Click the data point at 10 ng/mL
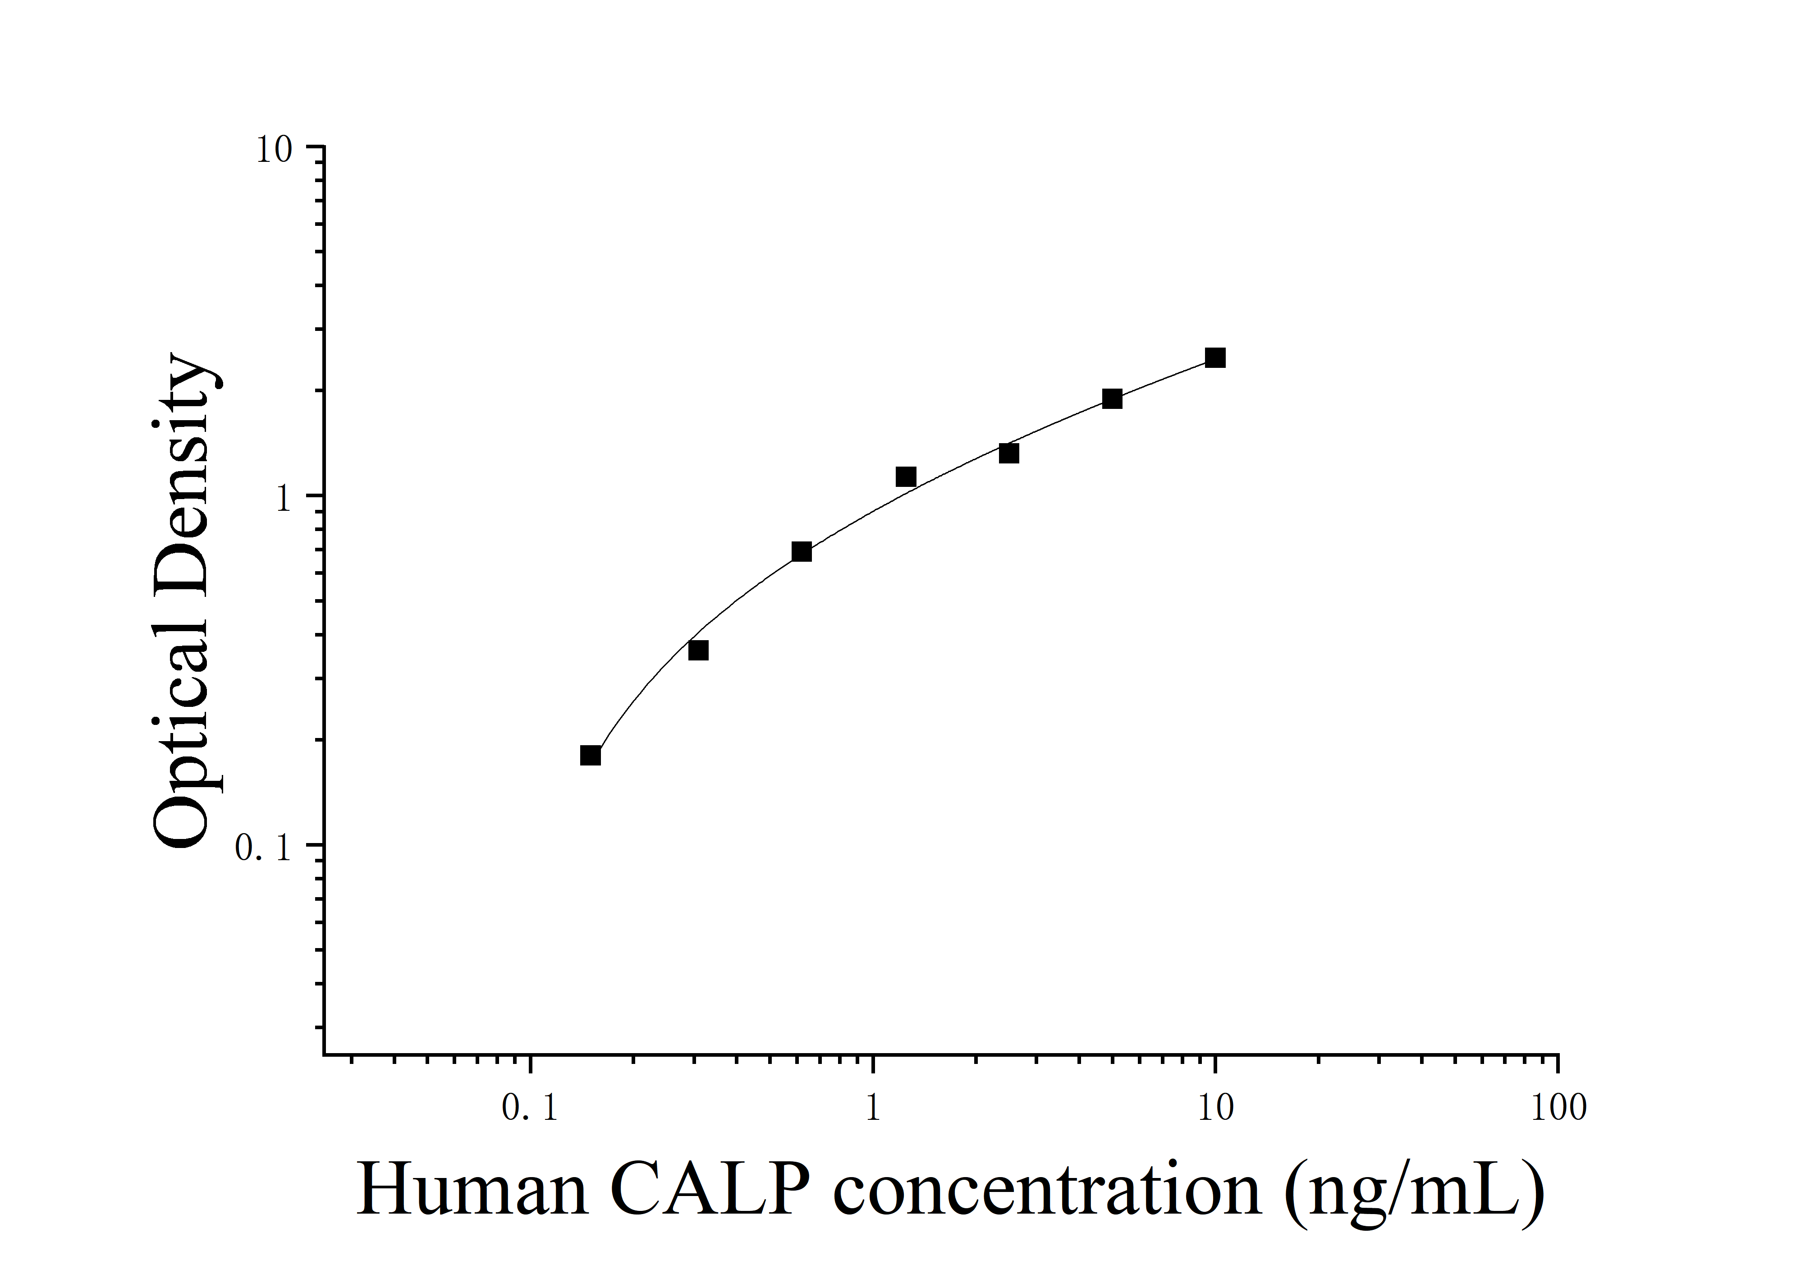point(1215,358)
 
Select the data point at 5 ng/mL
point(1112,399)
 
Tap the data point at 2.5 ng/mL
point(1008,453)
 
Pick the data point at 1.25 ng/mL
point(906,477)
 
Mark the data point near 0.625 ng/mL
point(801,552)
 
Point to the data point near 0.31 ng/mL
point(698,650)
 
